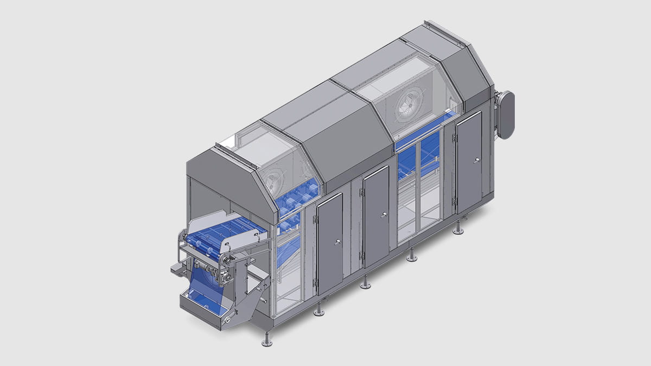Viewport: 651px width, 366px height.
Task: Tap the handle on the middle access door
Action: click(384, 215)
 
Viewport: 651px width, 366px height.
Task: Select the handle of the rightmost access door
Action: click(476, 160)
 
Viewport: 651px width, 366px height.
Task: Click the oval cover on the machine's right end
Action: click(505, 115)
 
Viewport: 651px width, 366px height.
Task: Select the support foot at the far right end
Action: click(458, 230)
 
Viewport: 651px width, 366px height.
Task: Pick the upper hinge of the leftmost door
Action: click(315, 220)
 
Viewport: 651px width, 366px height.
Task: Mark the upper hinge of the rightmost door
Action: click(455, 139)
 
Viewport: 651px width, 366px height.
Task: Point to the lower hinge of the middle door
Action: click(362, 255)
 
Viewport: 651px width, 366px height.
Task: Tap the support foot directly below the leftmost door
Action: click(319, 311)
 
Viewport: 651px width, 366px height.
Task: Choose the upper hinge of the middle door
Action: click(361, 192)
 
